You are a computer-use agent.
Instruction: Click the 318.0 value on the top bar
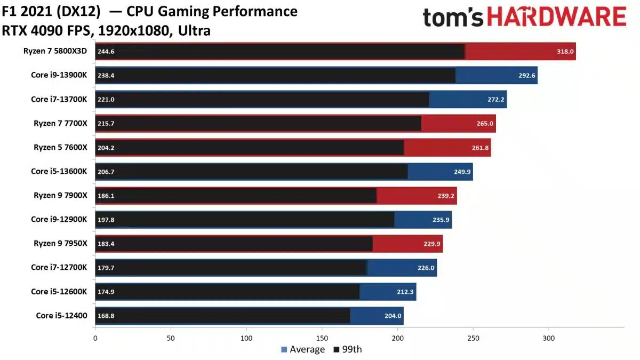[564, 52]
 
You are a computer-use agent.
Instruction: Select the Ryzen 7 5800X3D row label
[55, 51]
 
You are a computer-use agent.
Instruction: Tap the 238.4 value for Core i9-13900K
[106, 76]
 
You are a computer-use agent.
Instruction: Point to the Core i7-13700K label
[59, 99]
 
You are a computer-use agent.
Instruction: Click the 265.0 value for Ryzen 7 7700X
[484, 124]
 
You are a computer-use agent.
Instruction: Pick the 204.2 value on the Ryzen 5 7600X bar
[106, 148]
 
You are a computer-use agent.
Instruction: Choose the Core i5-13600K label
[59, 171]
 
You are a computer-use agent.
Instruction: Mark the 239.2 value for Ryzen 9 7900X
[445, 196]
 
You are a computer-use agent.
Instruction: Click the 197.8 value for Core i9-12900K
[106, 220]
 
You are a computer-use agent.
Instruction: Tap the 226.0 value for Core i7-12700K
[425, 268]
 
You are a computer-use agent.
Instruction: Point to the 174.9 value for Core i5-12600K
[106, 292]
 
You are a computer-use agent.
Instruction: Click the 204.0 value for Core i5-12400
[392, 316]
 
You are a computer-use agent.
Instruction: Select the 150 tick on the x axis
[322, 338]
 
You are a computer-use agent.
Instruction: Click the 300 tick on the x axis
[549, 338]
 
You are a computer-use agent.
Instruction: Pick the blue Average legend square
[284, 350]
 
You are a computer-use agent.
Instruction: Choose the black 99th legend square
[336, 350]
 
